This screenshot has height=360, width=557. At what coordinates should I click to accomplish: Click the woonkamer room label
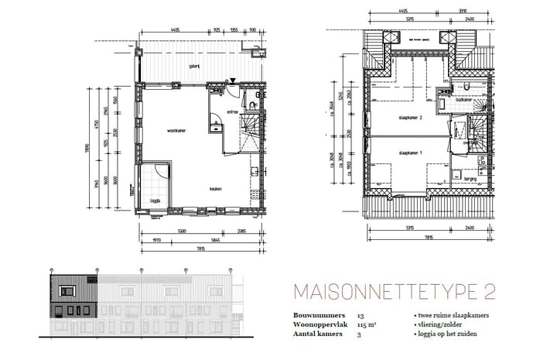coord(176,131)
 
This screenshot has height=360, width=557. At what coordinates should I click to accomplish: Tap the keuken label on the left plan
coord(217,188)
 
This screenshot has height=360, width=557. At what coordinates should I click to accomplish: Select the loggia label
coord(155,203)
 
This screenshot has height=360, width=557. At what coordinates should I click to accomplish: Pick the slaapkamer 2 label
coord(409,118)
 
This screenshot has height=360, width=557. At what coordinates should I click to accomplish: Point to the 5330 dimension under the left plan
coord(181,231)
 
